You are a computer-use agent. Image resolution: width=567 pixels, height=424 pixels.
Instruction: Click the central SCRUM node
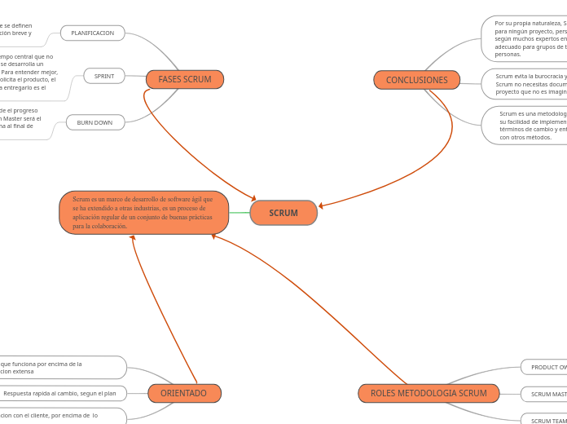(283, 213)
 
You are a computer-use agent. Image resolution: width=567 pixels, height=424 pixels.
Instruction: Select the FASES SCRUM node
(185, 79)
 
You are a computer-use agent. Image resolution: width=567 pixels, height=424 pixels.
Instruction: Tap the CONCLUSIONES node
(416, 80)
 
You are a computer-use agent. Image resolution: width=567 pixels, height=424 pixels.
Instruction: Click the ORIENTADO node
(184, 393)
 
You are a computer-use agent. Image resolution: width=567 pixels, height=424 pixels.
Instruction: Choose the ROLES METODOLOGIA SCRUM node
(429, 393)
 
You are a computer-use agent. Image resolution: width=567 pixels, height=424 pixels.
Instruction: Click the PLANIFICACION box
(93, 33)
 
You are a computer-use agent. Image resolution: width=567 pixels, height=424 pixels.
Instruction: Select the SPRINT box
(104, 76)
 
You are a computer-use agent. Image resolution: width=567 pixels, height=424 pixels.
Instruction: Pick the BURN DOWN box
(95, 122)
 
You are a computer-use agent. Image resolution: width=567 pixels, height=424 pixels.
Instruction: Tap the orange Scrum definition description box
(143, 213)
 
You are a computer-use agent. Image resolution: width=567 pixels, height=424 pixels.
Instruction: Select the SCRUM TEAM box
(544, 420)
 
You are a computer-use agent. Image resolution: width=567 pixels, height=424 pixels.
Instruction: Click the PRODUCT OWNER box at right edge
(544, 367)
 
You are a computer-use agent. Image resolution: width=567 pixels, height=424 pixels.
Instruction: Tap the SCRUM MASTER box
(544, 394)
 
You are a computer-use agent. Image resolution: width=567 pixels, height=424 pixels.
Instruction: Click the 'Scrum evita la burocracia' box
(525, 83)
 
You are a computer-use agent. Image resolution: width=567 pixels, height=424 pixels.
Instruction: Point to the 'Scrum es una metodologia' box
(525, 126)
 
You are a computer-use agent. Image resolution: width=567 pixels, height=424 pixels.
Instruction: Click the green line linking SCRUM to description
(240, 213)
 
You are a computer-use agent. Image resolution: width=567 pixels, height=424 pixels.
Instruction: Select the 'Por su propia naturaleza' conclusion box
(525, 38)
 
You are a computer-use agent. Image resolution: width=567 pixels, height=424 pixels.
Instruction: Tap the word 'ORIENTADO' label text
(184, 393)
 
